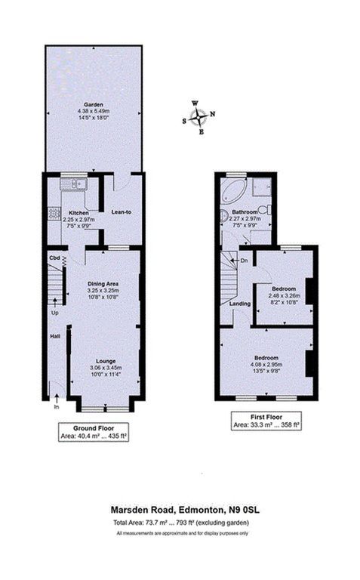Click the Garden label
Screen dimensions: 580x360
coord(93,105)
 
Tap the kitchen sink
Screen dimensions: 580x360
coord(78,184)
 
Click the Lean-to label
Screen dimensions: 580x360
coord(122,212)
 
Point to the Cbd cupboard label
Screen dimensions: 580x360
coord(54,258)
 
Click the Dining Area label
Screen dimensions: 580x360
coord(103,283)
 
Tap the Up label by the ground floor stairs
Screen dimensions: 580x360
coord(54,312)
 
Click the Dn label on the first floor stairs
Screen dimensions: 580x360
coord(243,261)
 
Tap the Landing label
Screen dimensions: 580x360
coord(240,304)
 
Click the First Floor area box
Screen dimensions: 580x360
coord(265,421)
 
